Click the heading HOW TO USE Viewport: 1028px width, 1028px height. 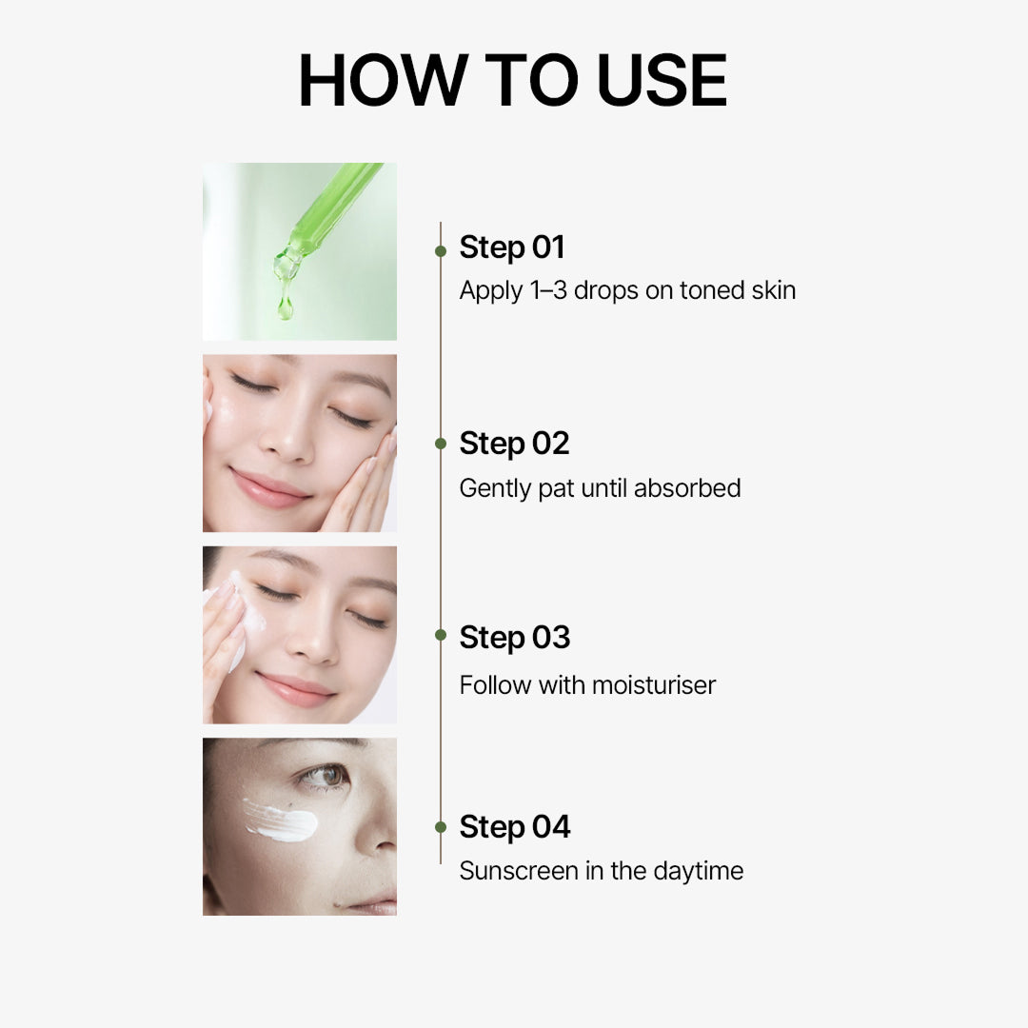pyautogui.click(x=513, y=80)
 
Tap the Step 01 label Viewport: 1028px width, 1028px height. pyautogui.click(x=512, y=247)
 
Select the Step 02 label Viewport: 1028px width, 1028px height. pyautogui.click(x=514, y=444)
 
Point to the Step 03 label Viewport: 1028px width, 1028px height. pyautogui.click(x=514, y=638)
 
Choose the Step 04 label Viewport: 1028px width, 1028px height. pyautogui.click(x=514, y=827)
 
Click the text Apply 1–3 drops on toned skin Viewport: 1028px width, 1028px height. pyautogui.click(x=627, y=290)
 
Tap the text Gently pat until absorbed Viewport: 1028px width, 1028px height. pyautogui.click(x=600, y=488)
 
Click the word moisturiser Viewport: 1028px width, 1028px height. pyautogui.click(x=653, y=684)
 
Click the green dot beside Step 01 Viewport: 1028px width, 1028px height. pyautogui.click(x=441, y=251)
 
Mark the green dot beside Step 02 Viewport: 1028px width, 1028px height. pyautogui.click(x=441, y=444)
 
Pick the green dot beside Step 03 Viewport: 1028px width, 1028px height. pyautogui.click(x=441, y=635)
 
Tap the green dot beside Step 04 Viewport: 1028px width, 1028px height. pyautogui.click(x=441, y=827)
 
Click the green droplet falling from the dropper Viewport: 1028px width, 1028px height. pyautogui.click(x=285, y=306)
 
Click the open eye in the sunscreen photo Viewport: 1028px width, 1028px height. pyautogui.click(x=324, y=777)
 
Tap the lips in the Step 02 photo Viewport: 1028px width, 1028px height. pyautogui.click(x=270, y=486)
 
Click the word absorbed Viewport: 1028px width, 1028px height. pyautogui.click(x=687, y=488)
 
